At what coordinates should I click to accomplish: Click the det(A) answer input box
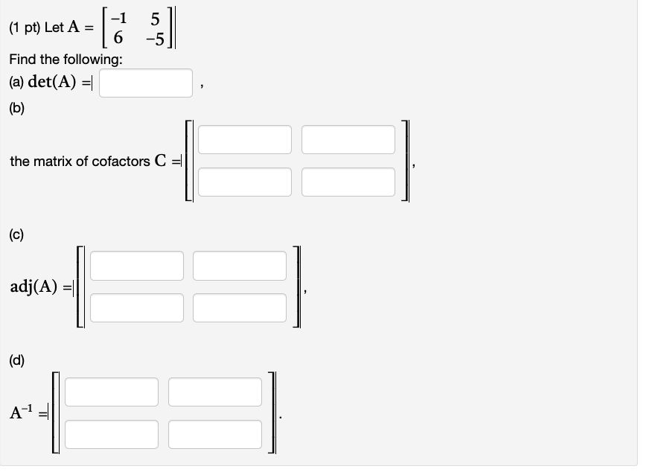(146, 83)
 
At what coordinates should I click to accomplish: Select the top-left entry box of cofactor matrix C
(245, 140)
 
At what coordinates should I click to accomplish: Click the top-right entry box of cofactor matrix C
(348, 140)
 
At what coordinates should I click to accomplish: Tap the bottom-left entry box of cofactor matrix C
(245, 182)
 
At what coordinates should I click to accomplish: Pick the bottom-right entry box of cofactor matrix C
(348, 182)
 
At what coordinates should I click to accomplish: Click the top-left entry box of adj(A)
(136, 266)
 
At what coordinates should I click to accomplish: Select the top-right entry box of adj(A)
(240, 266)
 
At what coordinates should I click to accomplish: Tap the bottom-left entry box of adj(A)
(136, 307)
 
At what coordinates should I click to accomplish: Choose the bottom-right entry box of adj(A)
(240, 307)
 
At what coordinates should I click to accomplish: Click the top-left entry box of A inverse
(112, 392)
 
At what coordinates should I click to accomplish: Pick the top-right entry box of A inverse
(215, 392)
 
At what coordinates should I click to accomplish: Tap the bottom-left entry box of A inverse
(112, 434)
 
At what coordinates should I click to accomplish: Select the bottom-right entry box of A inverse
(215, 434)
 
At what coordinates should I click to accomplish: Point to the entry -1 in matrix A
(118, 18)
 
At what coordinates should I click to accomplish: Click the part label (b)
(17, 108)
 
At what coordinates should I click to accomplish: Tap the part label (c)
(17, 235)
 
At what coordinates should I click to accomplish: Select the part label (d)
(17, 361)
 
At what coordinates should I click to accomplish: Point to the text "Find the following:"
(56, 59)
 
